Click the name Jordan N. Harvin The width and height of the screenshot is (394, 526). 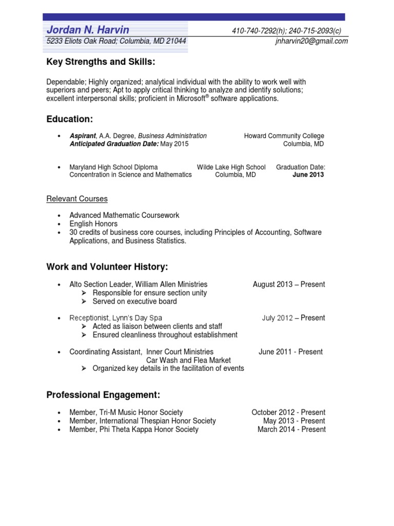(x=88, y=30)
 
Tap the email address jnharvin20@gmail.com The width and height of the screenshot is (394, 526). (x=311, y=41)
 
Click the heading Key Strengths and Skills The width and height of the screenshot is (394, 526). (x=101, y=62)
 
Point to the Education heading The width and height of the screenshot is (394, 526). (x=70, y=119)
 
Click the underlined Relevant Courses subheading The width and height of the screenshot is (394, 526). (x=77, y=199)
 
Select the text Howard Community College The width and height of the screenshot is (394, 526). (x=284, y=136)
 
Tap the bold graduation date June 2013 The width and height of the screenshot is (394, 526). (x=308, y=175)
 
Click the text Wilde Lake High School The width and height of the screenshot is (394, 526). (x=231, y=167)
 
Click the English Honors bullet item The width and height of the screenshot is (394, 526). (x=93, y=224)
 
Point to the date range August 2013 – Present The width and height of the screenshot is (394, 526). (x=289, y=285)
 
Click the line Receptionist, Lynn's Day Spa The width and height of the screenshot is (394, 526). (x=116, y=318)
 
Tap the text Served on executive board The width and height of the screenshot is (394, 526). (x=134, y=302)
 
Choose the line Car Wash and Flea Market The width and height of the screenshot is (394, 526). (x=188, y=360)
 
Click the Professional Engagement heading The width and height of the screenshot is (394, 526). (x=103, y=395)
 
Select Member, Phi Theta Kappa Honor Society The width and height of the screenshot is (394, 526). (x=134, y=429)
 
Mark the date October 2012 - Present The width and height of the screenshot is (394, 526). (x=288, y=412)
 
